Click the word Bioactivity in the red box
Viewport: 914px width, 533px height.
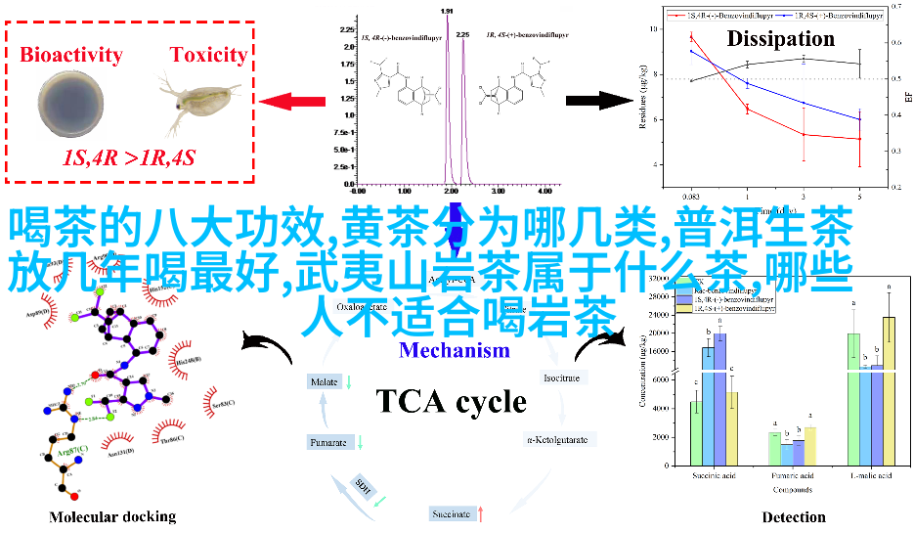coord(70,55)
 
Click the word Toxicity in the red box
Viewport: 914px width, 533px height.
coord(208,55)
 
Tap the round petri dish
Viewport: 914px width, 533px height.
coord(71,106)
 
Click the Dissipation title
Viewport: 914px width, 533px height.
coord(780,39)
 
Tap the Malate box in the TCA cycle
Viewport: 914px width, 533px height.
coord(324,381)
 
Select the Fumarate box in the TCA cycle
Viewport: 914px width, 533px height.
coord(329,443)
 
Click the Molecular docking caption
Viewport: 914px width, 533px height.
coord(112,516)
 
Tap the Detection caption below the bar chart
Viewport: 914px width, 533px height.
coord(794,516)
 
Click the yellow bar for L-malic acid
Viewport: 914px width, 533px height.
coord(889,390)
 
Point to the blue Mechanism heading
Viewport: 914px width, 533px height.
coord(455,350)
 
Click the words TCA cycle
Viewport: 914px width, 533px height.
coord(452,401)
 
